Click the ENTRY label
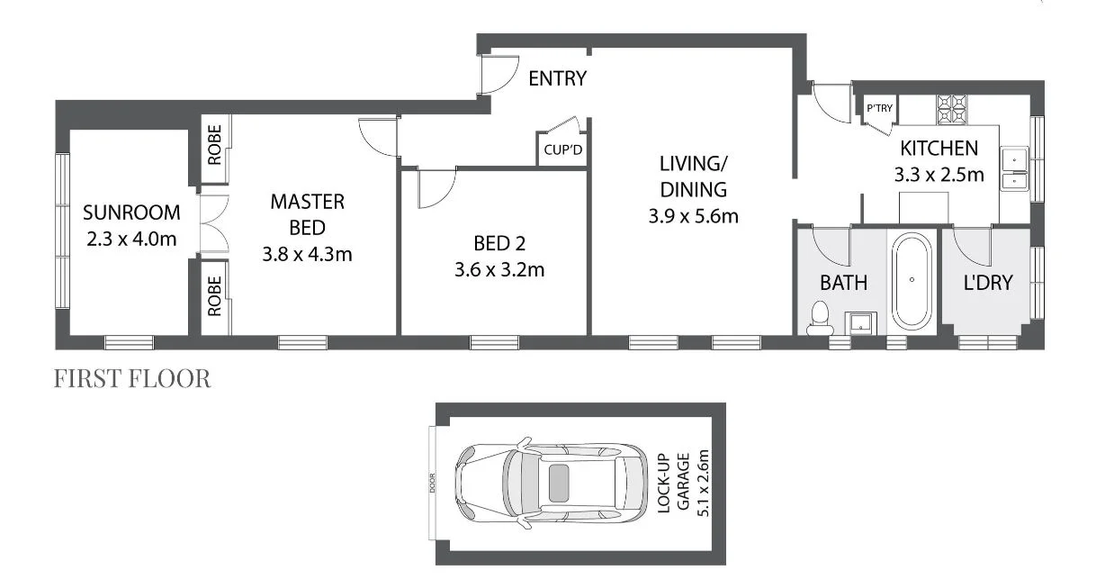[x=557, y=79]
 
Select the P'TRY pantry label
[x=878, y=109]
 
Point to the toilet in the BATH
[x=819, y=318]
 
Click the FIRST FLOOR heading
[x=132, y=379]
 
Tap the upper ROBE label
[x=214, y=151]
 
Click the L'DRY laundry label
[x=988, y=283]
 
